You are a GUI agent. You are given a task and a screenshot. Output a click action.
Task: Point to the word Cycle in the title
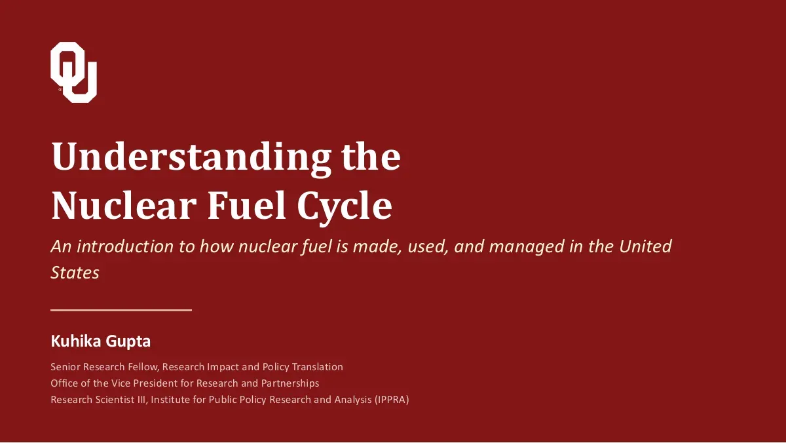[x=345, y=208]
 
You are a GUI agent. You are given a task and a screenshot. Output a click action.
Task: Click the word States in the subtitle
[x=75, y=273]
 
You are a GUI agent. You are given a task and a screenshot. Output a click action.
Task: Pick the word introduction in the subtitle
[x=125, y=246]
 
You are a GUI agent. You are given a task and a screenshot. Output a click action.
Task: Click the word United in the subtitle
[x=645, y=246]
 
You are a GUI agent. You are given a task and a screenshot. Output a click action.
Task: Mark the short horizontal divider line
[x=121, y=311]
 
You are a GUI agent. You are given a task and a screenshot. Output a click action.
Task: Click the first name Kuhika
[x=76, y=341]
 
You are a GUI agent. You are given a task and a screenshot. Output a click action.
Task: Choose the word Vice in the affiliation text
[x=121, y=383]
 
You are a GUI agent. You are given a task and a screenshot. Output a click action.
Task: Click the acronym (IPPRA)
[x=392, y=400]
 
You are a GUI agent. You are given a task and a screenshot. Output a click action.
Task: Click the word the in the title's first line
[x=371, y=156]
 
